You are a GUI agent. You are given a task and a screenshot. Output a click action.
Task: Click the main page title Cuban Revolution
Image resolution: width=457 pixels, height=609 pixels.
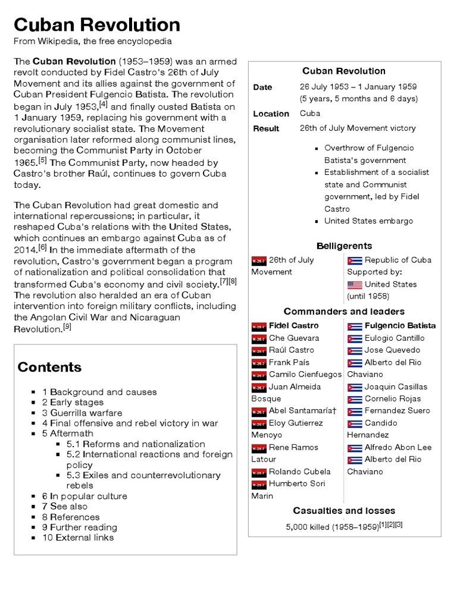[97, 25]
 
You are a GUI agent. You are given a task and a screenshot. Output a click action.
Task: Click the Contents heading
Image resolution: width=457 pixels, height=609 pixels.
[49, 366]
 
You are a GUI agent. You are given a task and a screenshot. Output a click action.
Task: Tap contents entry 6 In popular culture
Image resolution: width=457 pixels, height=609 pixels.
[84, 496]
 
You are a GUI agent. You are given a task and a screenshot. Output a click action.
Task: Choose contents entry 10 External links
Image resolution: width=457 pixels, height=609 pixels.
[77, 538]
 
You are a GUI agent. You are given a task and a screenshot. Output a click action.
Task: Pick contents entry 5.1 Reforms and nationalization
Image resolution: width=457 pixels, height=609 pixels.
[136, 444]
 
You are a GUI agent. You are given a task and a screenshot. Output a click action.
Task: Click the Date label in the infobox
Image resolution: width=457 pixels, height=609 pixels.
[262, 87]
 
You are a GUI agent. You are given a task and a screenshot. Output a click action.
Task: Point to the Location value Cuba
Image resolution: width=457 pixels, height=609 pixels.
[310, 113]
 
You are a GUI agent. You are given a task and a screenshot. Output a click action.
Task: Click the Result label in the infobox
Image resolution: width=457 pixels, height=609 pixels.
[265, 128]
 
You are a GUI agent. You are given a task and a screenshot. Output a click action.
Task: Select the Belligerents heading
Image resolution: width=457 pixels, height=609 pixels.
[344, 246]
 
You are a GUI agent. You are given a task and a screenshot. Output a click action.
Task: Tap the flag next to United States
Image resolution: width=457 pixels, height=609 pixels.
[355, 284]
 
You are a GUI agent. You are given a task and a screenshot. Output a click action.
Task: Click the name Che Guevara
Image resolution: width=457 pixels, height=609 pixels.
[294, 338]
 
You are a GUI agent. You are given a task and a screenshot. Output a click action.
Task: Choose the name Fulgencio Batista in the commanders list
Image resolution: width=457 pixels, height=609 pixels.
[400, 325]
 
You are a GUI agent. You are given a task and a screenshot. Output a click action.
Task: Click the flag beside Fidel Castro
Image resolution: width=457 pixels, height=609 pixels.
[258, 326]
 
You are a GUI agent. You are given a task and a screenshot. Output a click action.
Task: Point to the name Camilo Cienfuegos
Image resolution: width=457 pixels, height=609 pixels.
[305, 374]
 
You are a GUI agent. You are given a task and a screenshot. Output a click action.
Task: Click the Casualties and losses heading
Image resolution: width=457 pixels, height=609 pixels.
[344, 510]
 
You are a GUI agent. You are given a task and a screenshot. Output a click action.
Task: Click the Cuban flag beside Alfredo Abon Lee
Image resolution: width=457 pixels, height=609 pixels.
[355, 447]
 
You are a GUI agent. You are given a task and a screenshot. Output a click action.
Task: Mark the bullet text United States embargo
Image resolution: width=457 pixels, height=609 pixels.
[368, 221]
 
